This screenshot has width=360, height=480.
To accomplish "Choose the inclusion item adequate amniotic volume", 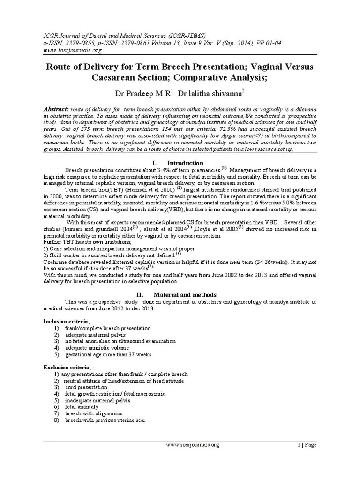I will point(98,348).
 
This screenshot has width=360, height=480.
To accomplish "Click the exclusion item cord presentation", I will point(86,387).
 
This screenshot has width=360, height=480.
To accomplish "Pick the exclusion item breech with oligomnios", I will point(94,413).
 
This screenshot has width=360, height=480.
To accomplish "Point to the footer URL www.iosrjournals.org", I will point(193,444).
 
